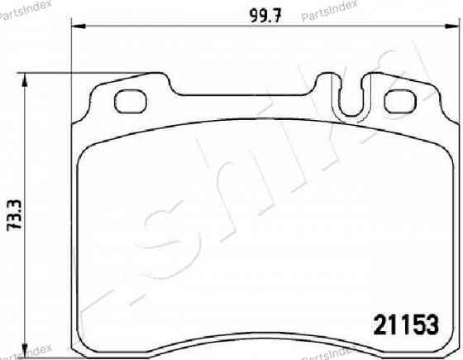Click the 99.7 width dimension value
pos(265,16)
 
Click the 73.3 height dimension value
pos(15,214)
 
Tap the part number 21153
pos(406,324)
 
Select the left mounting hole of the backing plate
pos(131,102)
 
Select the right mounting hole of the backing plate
pos(400,102)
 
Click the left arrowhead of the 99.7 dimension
pos(79,26)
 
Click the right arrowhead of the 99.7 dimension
pos(452,26)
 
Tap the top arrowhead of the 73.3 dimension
pos(25,79)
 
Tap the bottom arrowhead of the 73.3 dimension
pos(25,351)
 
